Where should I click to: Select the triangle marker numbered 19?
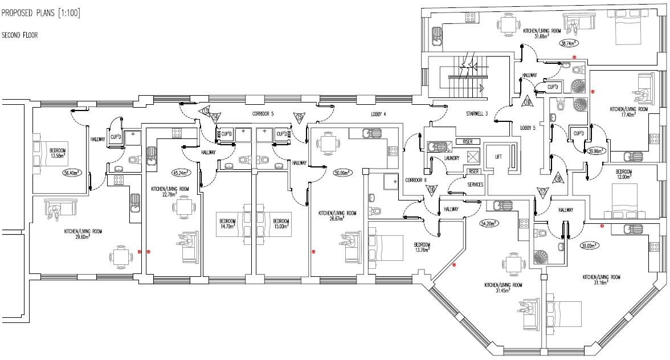[x=527, y=102]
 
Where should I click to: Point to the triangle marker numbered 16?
[x=431, y=190]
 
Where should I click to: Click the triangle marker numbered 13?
[x=206, y=111]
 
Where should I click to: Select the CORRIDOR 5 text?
[x=263, y=114]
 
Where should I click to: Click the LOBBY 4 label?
[x=377, y=114]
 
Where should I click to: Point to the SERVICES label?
[x=476, y=185]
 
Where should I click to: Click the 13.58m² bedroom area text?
[x=58, y=156]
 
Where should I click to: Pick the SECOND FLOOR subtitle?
[x=20, y=35]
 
